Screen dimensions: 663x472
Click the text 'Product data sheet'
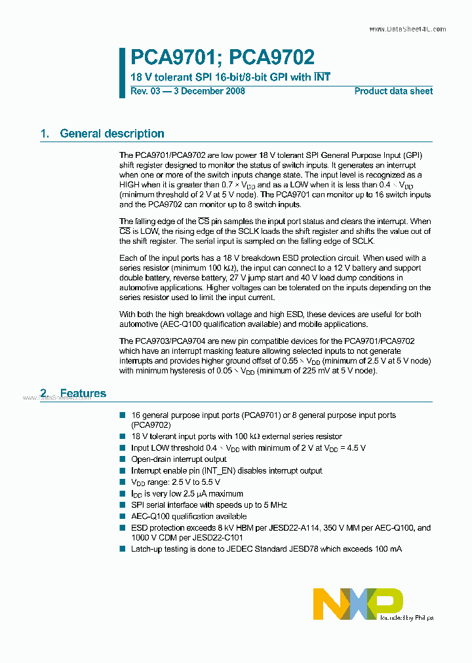coord(393,91)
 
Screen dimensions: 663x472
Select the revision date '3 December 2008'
coord(208,91)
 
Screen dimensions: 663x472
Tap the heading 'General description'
coord(112,134)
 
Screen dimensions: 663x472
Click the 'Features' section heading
coord(83,394)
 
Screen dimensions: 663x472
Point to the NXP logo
coord(358,603)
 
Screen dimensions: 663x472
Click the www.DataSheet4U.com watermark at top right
coord(407,29)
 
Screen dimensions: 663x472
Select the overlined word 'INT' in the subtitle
coord(322,77)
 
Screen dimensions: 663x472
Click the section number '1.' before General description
coord(45,134)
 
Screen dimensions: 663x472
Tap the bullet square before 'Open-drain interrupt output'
coord(123,459)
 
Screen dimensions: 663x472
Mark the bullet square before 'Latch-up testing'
coord(123,548)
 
